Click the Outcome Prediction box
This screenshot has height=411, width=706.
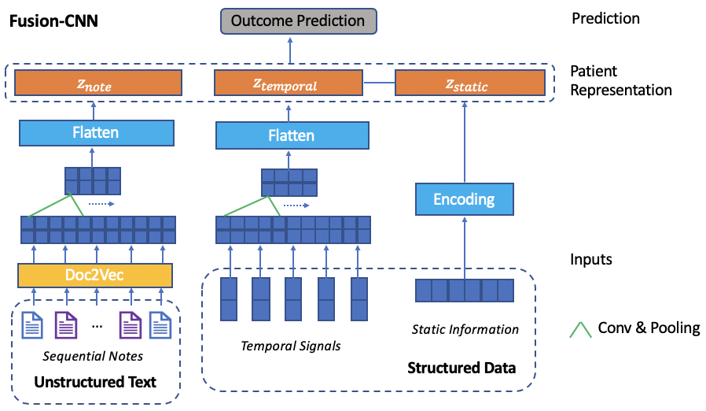click(x=297, y=20)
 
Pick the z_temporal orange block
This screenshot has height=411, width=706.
click(x=289, y=83)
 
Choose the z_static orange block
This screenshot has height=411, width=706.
click(x=469, y=83)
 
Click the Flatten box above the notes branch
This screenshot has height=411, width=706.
click(x=95, y=132)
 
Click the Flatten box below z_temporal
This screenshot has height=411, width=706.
click(x=291, y=135)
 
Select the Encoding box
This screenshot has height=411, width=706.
click(x=464, y=199)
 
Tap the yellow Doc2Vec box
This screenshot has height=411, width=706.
click(x=95, y=276)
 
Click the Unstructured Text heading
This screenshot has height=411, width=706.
click(x=94, y=383)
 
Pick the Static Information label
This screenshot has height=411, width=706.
click(x=465, y=329)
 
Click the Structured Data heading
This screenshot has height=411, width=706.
click(x=461, y=368)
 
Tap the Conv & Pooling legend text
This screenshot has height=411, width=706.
click(x=649, y=328)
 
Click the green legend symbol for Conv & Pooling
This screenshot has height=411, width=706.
click(x=581, y=329)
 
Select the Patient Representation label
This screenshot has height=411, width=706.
click(x=621, y=80)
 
